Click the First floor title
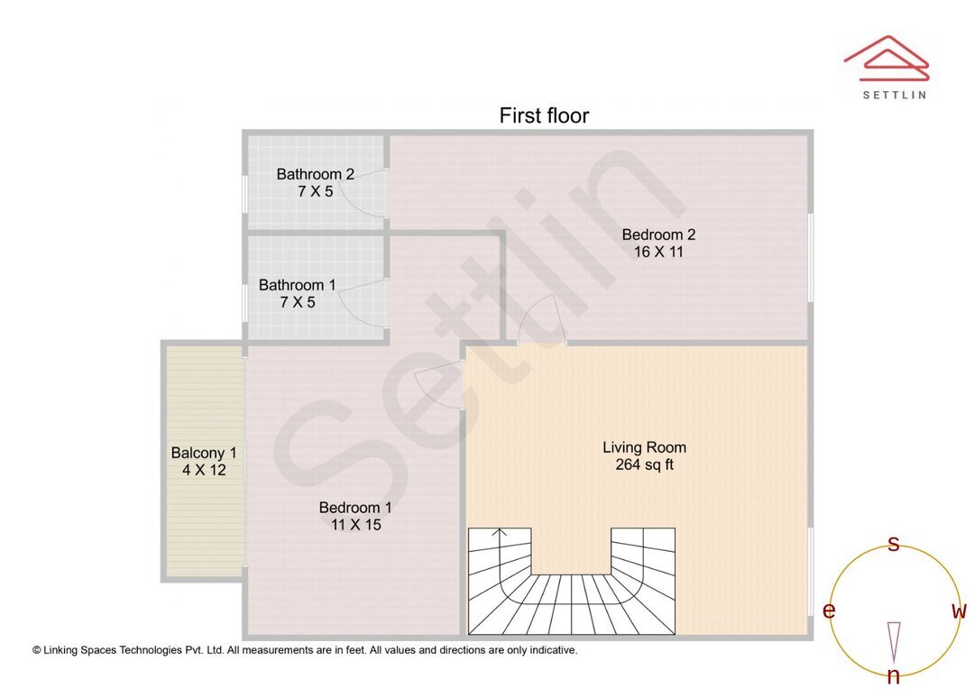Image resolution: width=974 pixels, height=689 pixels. click(x=544, y=115)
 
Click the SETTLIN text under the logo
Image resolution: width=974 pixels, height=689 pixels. click(x=894, y=94)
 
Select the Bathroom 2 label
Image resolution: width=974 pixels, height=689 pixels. click(x=315, y=174)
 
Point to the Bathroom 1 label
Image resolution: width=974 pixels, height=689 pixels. click(x=297, y=285)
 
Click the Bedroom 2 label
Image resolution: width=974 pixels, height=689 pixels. click(x=658, y=234)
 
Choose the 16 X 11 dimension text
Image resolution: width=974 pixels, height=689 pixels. click(x=658, y=253)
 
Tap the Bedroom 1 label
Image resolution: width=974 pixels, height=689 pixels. click(x=355, y=508)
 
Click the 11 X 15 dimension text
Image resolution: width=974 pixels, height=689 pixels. click(x=355, y=525)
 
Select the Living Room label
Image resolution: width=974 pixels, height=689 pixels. click(x=644, y=447)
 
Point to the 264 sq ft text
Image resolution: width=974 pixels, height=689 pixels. click(x=644, y=465)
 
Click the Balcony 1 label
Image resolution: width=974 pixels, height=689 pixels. click(x=204, y=453)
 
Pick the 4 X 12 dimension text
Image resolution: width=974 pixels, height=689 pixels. click(x=204, y=470)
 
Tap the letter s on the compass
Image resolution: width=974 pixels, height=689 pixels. click(x=894, y=544)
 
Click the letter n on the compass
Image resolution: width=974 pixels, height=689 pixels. click(x=894, y=675)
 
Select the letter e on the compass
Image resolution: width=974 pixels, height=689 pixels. click(x=829, y=611)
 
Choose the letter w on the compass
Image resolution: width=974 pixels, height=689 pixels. click(x=960, y=611)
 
